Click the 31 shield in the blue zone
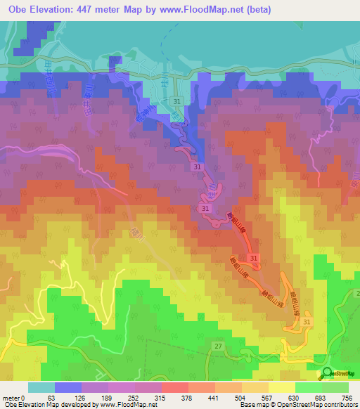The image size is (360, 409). coord(176,102)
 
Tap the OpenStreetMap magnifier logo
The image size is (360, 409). coord(328,373)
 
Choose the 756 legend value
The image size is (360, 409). coord(347,397)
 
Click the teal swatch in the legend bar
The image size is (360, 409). coord(41,387)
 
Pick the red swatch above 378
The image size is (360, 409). coord(174,387)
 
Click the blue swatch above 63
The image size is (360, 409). coord(68,387)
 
